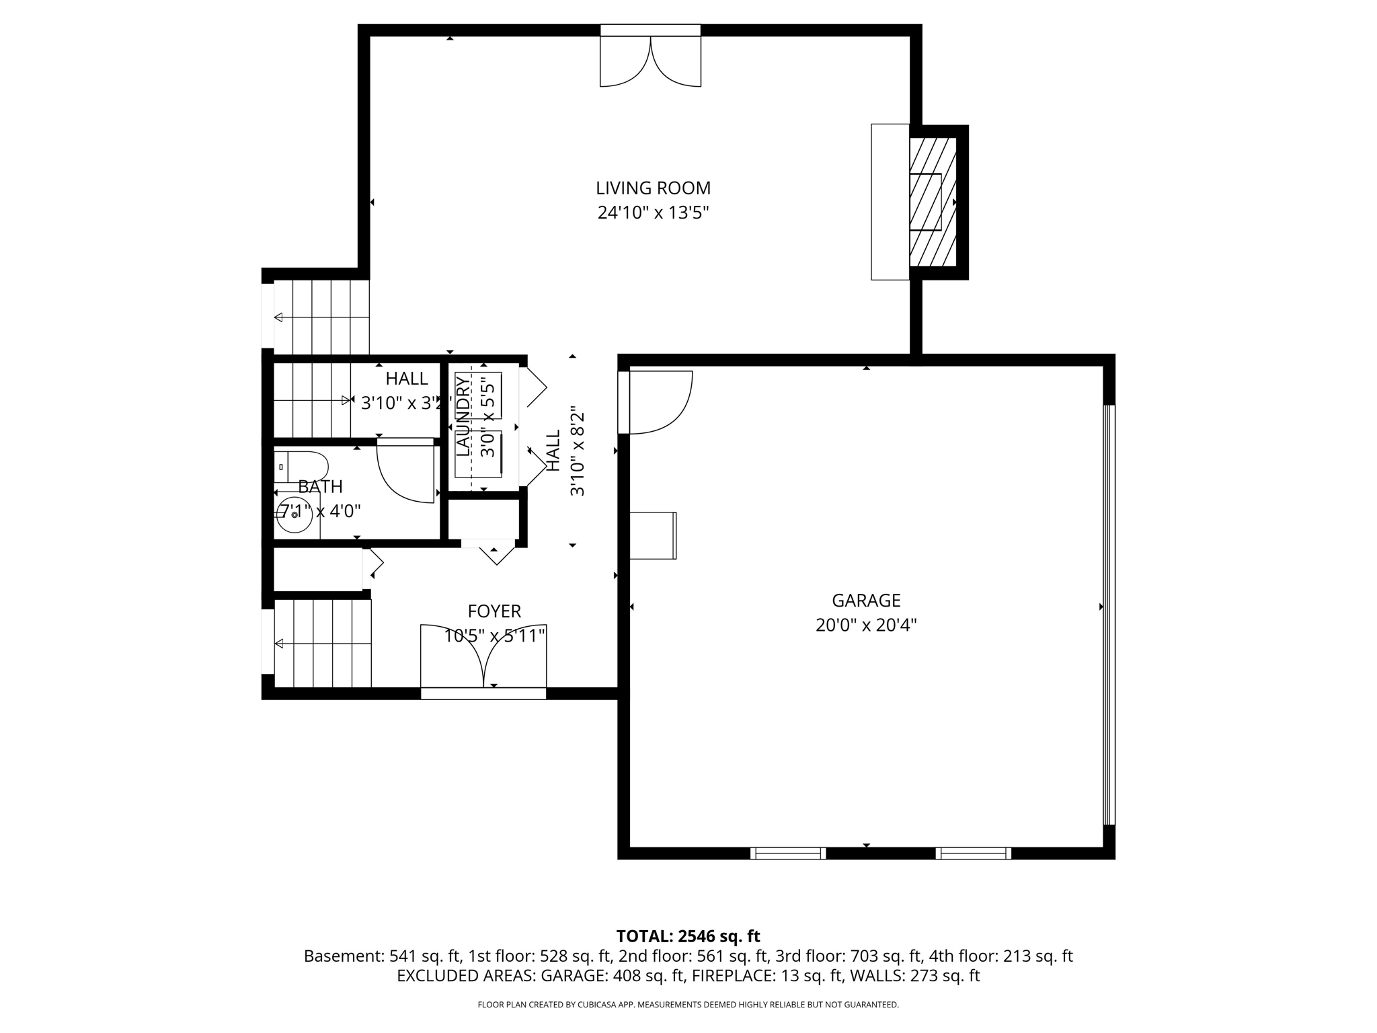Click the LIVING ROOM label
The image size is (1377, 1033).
click(653, 188)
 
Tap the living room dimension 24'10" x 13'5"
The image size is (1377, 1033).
click(653, 213)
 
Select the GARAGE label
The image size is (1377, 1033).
click(866, 601)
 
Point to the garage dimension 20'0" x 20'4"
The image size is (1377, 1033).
click(866, 625)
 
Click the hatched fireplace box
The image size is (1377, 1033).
click(933, 202)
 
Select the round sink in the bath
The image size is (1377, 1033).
click(294, 515)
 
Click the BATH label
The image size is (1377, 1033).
click(320, 487)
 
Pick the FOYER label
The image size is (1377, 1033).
click(494, 611)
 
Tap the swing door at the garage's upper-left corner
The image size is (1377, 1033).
click(656, 402)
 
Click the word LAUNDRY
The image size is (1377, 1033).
click(463, 417)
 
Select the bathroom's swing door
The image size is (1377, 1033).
click(405, 469)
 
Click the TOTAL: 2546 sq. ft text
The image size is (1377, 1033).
click(688, 936)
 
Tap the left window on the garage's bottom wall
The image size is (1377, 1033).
click(788, 853)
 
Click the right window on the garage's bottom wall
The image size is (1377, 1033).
click(973, 853)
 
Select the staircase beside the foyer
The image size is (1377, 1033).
click(323, 644)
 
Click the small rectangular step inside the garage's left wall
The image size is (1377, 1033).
click(653, 536)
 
